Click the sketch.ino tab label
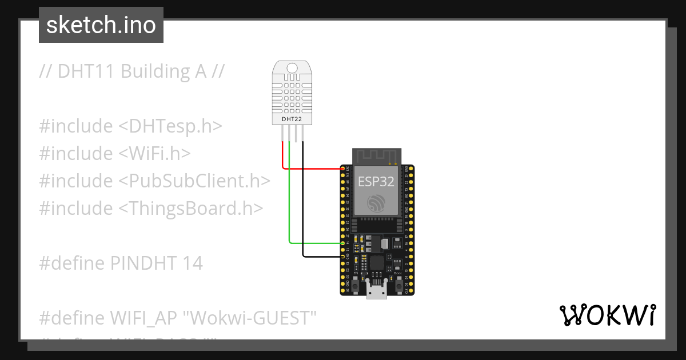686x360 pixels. click(x=101, y=25)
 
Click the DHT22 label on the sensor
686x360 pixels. click(x=292, y=119)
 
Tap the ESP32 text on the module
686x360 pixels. click(x=375, y=182)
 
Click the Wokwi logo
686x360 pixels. click(x=608, y=315)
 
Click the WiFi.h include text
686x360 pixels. click(x=157, y=154)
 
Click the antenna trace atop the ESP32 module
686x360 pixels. click(x=376, y=155)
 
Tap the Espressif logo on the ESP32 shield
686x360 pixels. click(x=376, y=202)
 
